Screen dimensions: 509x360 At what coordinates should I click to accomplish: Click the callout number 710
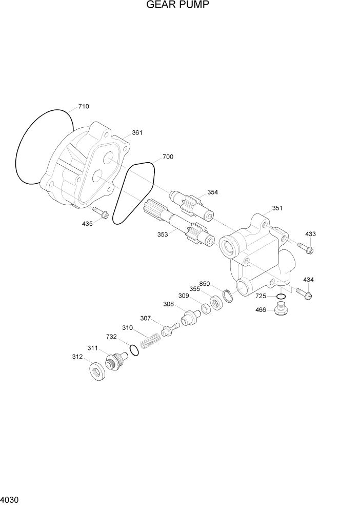click(x=83, y=107)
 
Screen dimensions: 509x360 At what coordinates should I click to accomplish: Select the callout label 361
click(x=137, y=133)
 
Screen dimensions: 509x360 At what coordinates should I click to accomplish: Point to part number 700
click(x=168, y=156)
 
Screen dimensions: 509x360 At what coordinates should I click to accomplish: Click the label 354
click(x=212, y=192)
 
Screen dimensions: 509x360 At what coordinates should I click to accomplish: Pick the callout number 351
click(x=277, y=208)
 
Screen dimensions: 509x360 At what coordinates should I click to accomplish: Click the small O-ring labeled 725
click(x=281, y=297)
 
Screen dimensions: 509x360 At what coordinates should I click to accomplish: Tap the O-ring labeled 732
click(x=133, y=350)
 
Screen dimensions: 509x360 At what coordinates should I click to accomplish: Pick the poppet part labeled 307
click(x=169, y=329)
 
